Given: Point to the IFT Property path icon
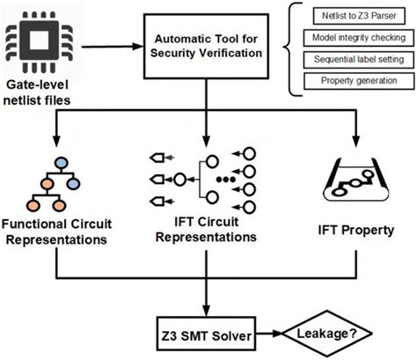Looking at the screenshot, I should tap(357, 180).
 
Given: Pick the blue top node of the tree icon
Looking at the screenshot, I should tap(61, 162).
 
